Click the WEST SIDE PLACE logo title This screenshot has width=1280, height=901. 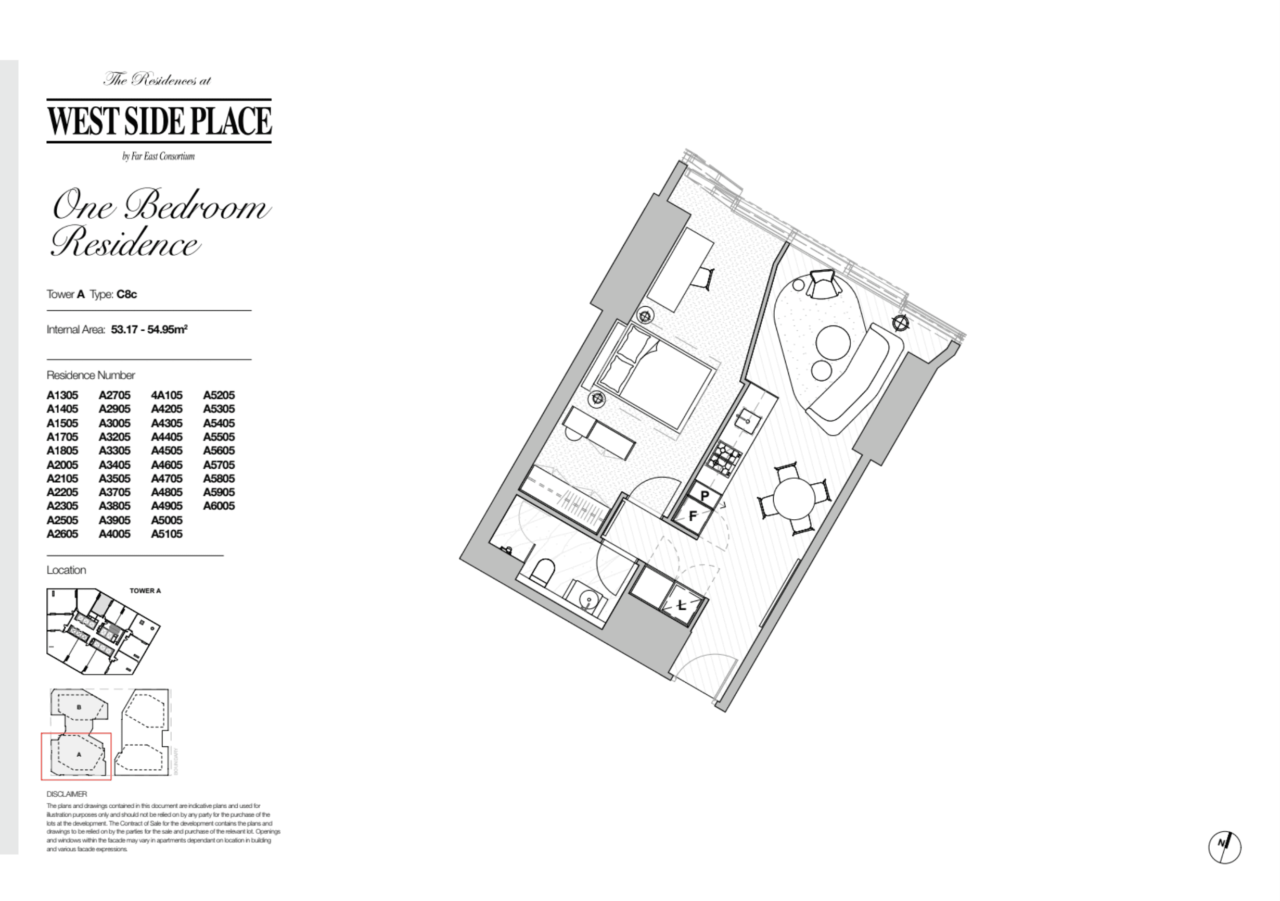[159, 120]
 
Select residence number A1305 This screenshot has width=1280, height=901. [62, 395]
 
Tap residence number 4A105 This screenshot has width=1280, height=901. [167, 395]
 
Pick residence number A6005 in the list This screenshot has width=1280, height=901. [219, 506]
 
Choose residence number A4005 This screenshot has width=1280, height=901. [114, 534]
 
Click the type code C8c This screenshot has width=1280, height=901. [126, 294]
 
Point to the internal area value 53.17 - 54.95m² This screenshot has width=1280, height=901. [149, 329]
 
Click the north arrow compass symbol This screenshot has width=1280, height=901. [1224, 847]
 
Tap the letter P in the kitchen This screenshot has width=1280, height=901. [705, 495]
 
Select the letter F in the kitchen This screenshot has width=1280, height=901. [693, 516]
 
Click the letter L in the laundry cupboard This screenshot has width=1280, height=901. [681, 605]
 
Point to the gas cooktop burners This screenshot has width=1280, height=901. [724, 459]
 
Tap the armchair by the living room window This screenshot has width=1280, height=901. [825, 284]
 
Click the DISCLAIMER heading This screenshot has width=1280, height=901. [67, 794]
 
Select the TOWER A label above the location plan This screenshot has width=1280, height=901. [145, 591]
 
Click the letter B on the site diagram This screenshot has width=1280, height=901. [79, 707]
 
